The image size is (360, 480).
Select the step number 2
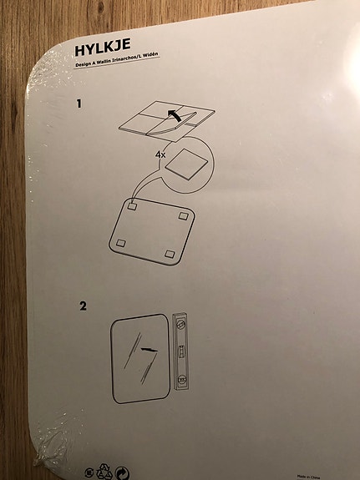pos(83,306)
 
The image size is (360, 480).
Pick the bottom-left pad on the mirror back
pos(120,242)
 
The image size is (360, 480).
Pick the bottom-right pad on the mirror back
pos(170,253)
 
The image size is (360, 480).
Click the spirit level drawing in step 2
pos(180,351)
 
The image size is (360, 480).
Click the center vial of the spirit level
pos(180,351)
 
